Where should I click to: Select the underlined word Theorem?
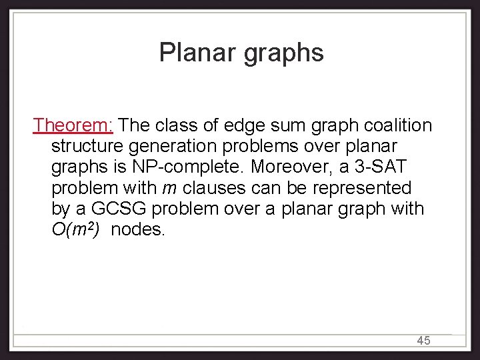tap(74, 125)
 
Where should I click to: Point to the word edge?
tap(242, 125)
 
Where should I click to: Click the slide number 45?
tap(423, 341)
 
